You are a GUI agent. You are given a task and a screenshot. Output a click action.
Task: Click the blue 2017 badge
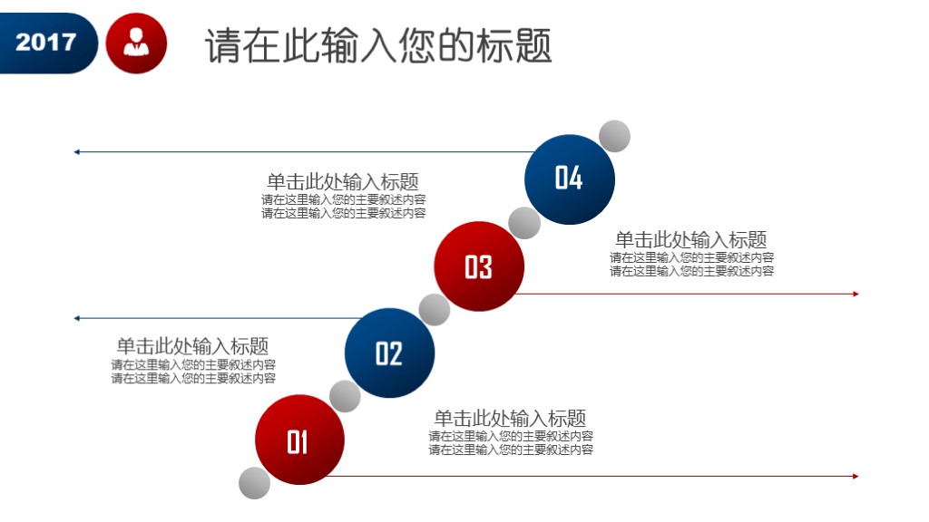tap(45, 43)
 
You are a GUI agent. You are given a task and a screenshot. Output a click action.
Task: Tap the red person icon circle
tap(137, 43)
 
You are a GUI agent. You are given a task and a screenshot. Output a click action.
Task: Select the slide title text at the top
tap(378, 45)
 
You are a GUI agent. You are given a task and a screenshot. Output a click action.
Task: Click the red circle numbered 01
tap(298, 440)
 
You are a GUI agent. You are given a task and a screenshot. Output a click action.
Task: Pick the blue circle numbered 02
tap(389, 353)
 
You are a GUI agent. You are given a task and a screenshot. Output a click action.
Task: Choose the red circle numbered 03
tap(478, 266)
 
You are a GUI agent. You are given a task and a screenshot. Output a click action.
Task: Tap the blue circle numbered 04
tap(569, 179)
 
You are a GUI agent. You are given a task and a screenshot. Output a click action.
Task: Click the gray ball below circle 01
tap(255, 483)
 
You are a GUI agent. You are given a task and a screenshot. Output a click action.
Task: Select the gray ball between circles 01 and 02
tap(345, 396)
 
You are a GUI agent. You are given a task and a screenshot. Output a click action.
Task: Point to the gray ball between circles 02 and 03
tap(435, 310)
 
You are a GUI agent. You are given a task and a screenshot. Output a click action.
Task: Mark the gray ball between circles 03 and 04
tap(524, 223)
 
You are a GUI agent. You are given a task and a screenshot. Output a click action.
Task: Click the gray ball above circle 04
tap(614, 136)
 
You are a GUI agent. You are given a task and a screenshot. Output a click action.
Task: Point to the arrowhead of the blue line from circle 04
tap(77, 152)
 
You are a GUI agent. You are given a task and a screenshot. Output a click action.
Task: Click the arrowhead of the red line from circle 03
tap(855, 294)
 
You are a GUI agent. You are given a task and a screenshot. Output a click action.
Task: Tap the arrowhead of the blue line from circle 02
tap(77, 318)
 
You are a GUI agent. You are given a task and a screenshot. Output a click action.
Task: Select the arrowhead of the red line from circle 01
tap(855, 476)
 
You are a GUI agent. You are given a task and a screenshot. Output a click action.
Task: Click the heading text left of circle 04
tap(343, 181)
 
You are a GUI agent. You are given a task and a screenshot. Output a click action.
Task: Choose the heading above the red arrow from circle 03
tap(691, 239)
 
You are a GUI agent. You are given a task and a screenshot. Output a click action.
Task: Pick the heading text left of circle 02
tap(192, 346)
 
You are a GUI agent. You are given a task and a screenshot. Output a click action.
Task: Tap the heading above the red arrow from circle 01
tap(510, 418)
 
